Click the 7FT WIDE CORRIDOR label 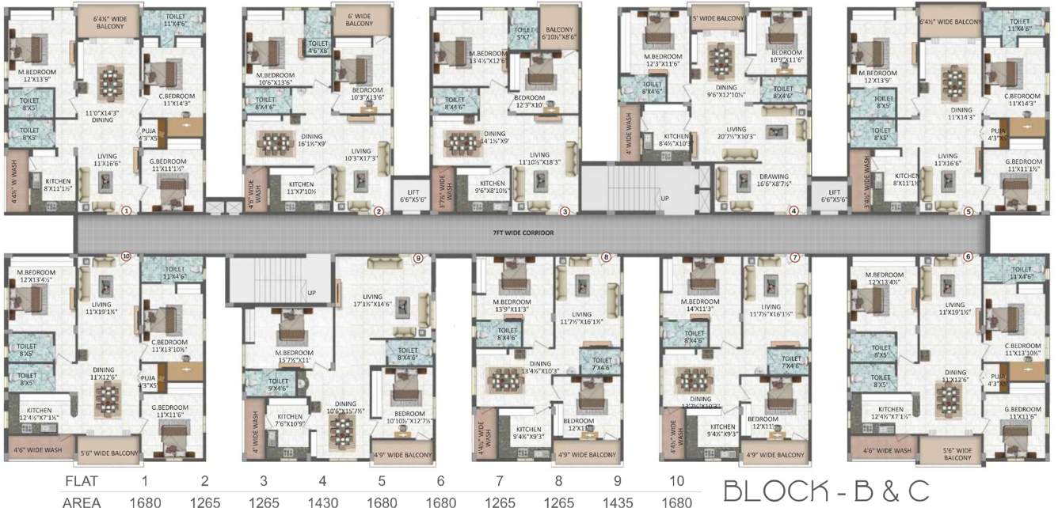click(x=522, y=233)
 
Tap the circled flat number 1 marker click(x=125, y=210)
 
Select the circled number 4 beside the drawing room click(x=793, y=211)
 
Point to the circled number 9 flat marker click(x=419, y=258)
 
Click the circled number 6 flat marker click(x=967, y=257)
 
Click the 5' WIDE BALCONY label click(x=718, y=18)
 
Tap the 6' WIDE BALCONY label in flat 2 click(x=359, y=20)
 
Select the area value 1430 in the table click(x=322, y=500)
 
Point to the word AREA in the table click(x=86, y=500)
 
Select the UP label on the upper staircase click(x=664, y=198)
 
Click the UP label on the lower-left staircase click(x=311, y=293)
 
